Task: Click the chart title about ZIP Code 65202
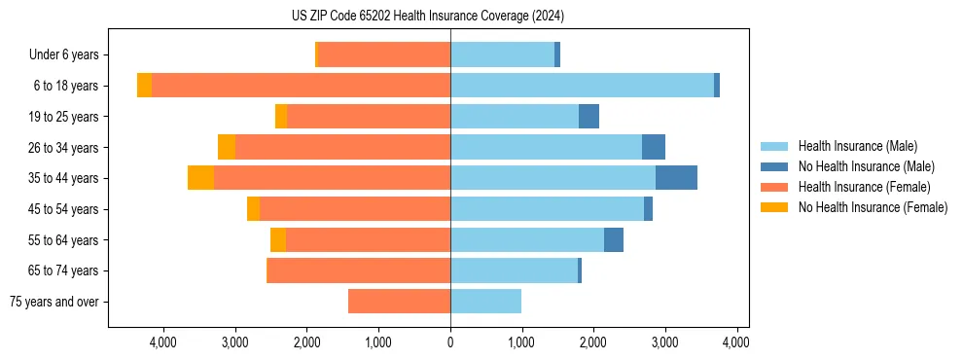pos(427,17)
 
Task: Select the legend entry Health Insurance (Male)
pos(857,146)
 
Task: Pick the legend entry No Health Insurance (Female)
pos(873,207)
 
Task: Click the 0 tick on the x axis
pos(450,342)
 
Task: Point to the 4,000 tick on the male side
pos(736,342)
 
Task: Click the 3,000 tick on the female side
pos(235,342)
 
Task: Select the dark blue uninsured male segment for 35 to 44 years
pos(676,178)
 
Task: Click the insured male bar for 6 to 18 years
pos(582,86)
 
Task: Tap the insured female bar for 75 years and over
pos(399,302)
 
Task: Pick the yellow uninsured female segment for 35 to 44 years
pos(200,178)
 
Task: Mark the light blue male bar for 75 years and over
pos(485,302)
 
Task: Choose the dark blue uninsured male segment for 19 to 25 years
pos(588,117)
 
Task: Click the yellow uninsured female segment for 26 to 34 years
pos(227,147)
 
